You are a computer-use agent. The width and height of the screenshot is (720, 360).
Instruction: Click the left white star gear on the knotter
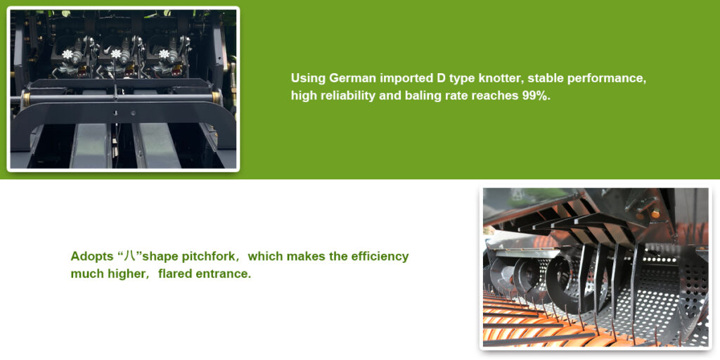68,54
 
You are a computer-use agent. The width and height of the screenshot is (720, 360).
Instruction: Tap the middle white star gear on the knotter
116,54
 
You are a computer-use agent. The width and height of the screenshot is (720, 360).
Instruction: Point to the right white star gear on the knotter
164,54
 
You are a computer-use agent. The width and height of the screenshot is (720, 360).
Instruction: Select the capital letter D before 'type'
439,79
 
